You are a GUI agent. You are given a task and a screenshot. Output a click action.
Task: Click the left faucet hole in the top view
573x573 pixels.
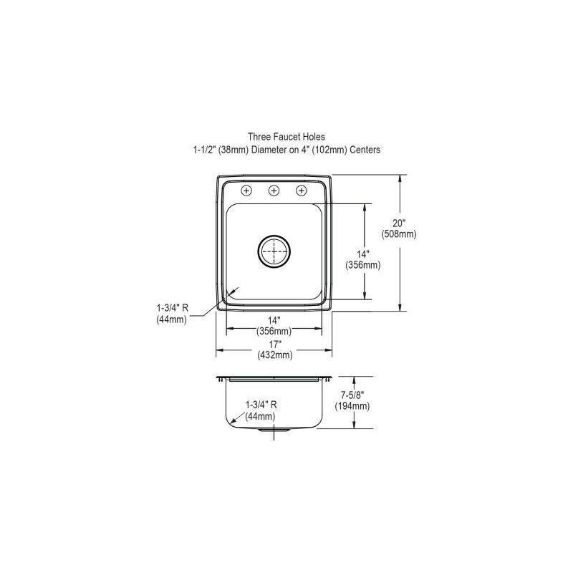pos(247,191)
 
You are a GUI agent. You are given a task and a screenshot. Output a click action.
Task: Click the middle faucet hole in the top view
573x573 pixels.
pos(274,191)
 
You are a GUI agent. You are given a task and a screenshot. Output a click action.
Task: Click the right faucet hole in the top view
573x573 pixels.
pos(302,191)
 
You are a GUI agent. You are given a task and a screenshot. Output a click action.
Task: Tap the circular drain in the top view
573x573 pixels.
pos(274,251)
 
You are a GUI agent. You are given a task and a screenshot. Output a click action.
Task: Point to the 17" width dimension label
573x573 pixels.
pos(274,345)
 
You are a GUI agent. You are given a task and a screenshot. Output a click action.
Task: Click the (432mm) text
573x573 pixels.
pos(274,355)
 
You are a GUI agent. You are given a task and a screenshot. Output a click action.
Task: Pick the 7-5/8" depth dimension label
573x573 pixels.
pos(352,395)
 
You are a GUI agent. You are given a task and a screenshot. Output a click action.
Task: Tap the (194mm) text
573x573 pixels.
pos(352,406)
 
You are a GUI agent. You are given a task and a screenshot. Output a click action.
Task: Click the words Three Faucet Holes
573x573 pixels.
pos(281,136)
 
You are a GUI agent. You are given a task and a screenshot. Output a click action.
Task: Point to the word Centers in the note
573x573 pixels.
pos(365,150)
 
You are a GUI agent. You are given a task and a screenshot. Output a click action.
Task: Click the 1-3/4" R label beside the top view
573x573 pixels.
pos(172,309)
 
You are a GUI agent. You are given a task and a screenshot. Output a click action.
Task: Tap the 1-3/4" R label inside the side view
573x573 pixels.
pos(261,405)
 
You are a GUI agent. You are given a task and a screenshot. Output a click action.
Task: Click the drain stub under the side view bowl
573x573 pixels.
pos(274,432)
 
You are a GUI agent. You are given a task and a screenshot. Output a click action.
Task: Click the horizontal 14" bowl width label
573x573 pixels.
pos(274,320)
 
